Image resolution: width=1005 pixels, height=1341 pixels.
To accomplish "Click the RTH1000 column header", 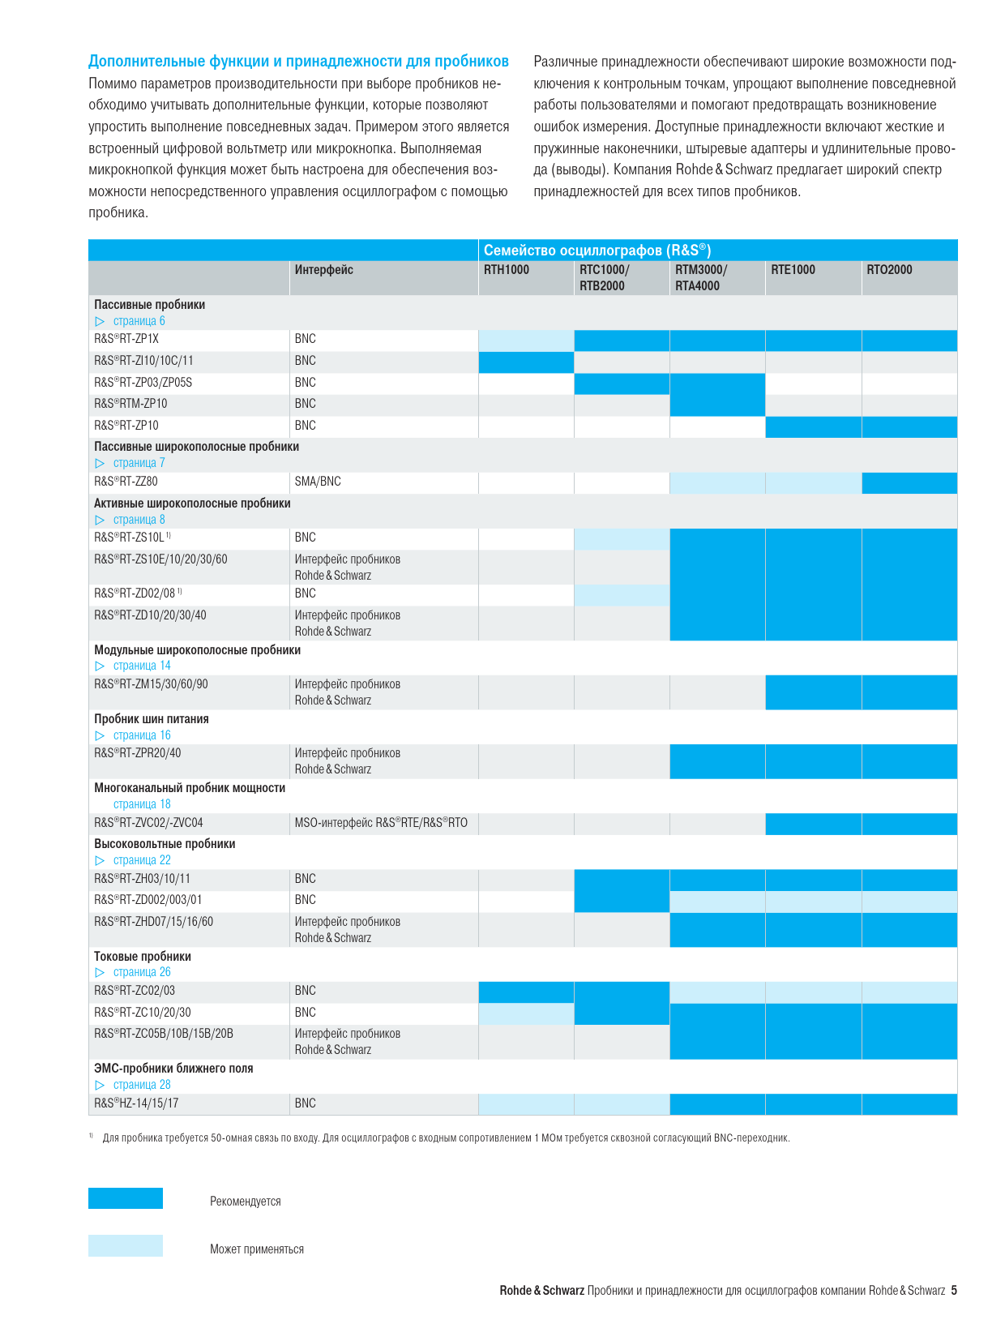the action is pos(507,269).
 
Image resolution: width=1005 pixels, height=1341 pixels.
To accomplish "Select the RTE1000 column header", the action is pos(793,269).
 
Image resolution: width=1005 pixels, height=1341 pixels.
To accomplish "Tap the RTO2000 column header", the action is pos(889,269).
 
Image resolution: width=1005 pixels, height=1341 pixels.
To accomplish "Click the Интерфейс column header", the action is pos(323,269).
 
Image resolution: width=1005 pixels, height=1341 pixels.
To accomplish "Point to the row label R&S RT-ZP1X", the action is pos(126,338).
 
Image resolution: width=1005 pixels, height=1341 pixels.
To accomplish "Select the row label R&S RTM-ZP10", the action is pos(130,403).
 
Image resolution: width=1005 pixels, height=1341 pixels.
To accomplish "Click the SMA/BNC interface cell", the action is pos(318,482).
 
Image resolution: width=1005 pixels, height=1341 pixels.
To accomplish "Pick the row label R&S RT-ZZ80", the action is pos(126,482).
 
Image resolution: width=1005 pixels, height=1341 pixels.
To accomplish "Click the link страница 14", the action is pos(142,666).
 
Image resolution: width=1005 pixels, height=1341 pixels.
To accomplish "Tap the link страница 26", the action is pos(142,971).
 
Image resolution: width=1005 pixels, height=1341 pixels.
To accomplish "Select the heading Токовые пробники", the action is pos(143,956).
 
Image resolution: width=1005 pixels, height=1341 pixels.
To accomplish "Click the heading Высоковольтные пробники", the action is pos(165,844).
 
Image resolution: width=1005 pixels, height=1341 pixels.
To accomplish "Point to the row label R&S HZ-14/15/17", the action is pos(136,1103).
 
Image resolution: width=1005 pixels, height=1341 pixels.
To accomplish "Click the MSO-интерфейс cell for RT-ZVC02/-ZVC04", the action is pos(381,822).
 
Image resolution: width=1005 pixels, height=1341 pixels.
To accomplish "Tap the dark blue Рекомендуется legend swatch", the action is pos(125,1197).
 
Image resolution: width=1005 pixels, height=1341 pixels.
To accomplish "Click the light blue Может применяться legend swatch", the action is pos(125,1245).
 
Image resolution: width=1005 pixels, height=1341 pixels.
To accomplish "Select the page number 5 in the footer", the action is pos(954,1290).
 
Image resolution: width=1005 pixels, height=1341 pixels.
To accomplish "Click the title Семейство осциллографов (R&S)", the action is pos(597,250).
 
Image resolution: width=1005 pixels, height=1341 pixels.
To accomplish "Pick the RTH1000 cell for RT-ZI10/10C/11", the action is pos(526,362).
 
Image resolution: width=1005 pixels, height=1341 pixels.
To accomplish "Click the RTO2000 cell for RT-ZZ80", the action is pos(909,483).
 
